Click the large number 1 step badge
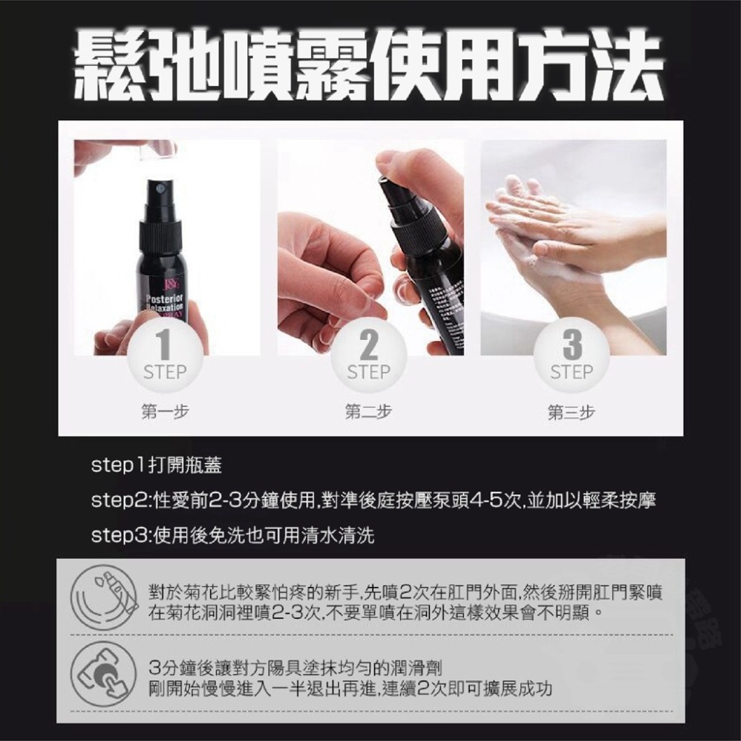click(165, 354)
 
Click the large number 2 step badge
click(368, 354)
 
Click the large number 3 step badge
click(571, 354)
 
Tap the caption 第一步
click(165, 412)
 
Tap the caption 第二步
click(368, 412)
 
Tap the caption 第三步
click(571, 412)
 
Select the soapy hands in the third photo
click(563, 230)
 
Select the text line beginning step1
click(156, 466)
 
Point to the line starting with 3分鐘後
click(296, 665)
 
